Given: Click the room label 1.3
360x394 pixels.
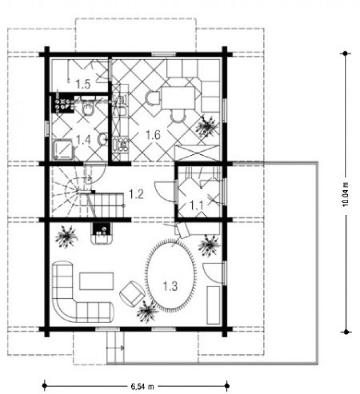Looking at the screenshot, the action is click(170, 286).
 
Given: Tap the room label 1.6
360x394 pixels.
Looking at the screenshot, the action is click(153, 135).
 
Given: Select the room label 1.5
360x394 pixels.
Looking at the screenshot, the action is click(83, 84).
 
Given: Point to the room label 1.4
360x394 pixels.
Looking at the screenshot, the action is click(83, 140).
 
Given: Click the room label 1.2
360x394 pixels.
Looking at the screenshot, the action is click(136, 194).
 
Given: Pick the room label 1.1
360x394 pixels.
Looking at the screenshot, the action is click(197, 205).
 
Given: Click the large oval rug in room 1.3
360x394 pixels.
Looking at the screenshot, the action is click(171, 275).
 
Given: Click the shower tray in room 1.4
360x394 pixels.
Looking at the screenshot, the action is click(63, 150).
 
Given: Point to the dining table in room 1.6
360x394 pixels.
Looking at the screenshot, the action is click(178, 97).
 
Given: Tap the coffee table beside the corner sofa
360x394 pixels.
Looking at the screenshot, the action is click(96, 281).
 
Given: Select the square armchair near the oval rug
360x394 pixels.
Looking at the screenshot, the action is click(132, 294).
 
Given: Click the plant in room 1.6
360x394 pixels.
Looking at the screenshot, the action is click(206, 126).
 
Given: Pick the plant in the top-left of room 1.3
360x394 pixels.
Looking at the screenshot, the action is click(66, 236).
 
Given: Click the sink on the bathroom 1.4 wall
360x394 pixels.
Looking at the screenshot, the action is click(103, 140).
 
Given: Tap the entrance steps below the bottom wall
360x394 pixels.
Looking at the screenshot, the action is click(115, 347).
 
